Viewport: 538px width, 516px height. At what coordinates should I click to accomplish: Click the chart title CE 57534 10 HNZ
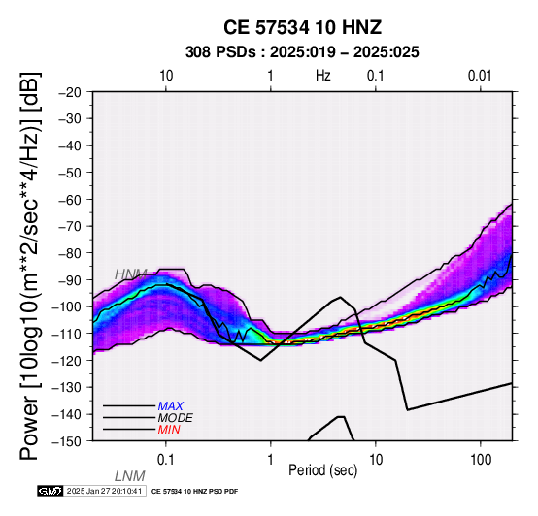click(302, 27)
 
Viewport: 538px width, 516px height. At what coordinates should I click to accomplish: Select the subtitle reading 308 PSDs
click(220, 52)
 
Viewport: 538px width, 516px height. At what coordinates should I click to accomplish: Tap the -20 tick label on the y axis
click(70, 92)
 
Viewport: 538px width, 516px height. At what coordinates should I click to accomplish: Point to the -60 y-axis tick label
click(70, 200)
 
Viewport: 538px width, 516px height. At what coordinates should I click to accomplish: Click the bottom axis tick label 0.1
click(166, 460)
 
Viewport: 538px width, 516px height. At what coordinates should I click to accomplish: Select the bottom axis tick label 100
click(481, 460)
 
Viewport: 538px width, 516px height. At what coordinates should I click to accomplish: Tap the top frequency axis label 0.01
click(480, 76)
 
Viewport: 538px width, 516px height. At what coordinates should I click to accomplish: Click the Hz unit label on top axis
click(323, 76)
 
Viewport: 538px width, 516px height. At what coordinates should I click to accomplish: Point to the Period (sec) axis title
click(323, 470)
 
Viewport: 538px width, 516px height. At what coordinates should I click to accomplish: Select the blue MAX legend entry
click(171, 406)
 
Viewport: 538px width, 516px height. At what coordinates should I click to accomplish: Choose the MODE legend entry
click(176, 418)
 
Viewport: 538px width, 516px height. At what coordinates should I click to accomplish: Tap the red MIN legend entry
click(169, 430)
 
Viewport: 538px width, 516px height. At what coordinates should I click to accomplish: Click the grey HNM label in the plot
click(131, 274)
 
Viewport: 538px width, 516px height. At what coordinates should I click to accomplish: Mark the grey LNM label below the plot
click(130, 476)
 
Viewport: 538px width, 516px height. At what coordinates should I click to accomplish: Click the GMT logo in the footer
click(50, 491)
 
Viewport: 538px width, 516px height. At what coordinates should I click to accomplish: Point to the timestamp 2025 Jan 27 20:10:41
click(104, 491)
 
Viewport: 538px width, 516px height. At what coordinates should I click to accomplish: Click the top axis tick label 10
click(166, 76)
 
